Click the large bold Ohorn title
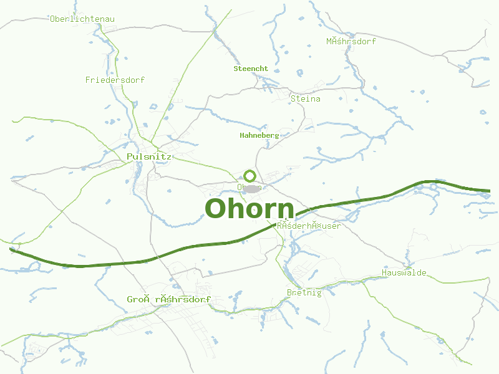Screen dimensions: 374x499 point(249,209)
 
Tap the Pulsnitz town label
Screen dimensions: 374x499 point(148,156)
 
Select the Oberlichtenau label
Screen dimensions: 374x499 point(82,19)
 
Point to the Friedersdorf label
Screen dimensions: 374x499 point(115,80)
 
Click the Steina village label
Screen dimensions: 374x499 point(306,98)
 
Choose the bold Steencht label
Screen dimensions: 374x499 point(251,69)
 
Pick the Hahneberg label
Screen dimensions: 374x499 point(259,135)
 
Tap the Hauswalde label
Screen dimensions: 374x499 point(404,273)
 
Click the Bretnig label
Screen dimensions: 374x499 point(304,293)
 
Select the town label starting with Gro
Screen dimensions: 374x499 point(168,300)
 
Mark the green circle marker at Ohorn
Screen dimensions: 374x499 point(250,176)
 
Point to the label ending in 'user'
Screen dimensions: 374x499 point(309,226)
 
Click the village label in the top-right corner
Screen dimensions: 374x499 point(351,42)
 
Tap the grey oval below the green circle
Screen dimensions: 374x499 point(251,188)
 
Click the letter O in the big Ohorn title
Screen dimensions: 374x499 point(215,209)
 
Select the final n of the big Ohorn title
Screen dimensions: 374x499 point(285,211)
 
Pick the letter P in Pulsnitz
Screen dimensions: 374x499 point(129,156)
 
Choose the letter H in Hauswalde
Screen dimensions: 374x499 point(384,273)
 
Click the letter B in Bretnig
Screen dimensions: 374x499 point(289,293)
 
